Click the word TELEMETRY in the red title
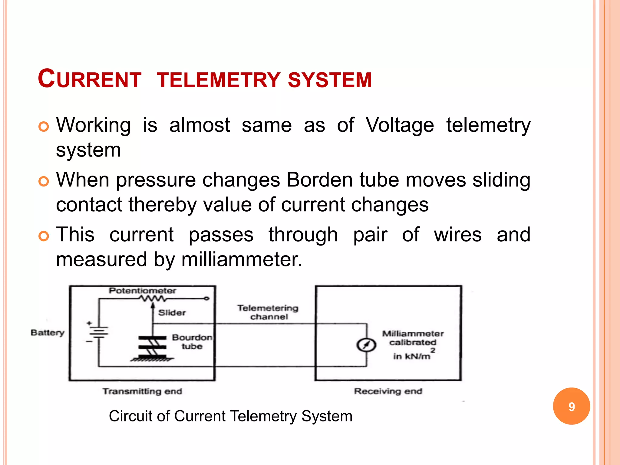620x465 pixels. pyautogui.click(x=219, y=80)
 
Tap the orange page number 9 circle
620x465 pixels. pyautogui.click(x=571, y=406)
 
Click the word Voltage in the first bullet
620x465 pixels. pyautogui.click(x=400, y=125)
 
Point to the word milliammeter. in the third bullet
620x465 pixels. pyautogui.click(x=242, y=260)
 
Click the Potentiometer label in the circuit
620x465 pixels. pyautogui.click(x=142, y=291)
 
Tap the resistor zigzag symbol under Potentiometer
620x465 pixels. pyautogui.click(x=153, y=299)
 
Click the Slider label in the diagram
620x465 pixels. pyautogui.click(x=172, y=313)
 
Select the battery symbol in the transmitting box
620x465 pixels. pyautogui.click(x=98, y=332)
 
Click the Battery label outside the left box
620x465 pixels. pyautogui.click(x=48, y=333)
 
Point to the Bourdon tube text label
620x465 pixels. pyautogui.click(x=192, y=342)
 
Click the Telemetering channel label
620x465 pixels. pyautogui.click(x=268, y=312)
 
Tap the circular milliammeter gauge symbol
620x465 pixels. pyautogui.click(x=366, y=345)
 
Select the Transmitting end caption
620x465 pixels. pyautogui.click(x=142, y=391)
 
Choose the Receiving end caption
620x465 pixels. pyautogui.click(x=388, y=391)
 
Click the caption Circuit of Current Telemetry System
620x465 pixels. pyautogui.click(x=231, y=416)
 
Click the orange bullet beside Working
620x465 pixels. pyautogui.click(x=44, y=127)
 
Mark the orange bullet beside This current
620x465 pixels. pyautogui.click(x=44, y=236)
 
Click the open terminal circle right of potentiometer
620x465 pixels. pyautogui.click(x=206, y=299)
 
